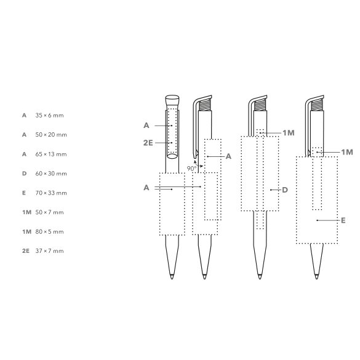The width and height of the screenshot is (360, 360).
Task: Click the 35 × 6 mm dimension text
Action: click(x=49, y=115)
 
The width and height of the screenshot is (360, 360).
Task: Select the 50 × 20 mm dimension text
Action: click(x=51, y=135)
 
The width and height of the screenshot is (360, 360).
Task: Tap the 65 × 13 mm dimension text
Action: click(x=51, y=154)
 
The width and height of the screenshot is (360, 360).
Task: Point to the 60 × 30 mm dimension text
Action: click(x=51, y=174)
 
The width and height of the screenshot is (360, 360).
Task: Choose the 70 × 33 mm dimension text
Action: click(x=51, y=193)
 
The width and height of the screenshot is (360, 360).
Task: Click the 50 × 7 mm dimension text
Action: click(x=49, y=212)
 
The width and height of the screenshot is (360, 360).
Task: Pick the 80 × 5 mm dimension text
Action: click(x=49, y=231)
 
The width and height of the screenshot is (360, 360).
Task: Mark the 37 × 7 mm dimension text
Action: click(x=49, y=251)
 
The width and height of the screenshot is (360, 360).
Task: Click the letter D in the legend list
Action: click(x=25, y=174)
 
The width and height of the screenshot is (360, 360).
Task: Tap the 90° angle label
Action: click(x=191, y=169)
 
